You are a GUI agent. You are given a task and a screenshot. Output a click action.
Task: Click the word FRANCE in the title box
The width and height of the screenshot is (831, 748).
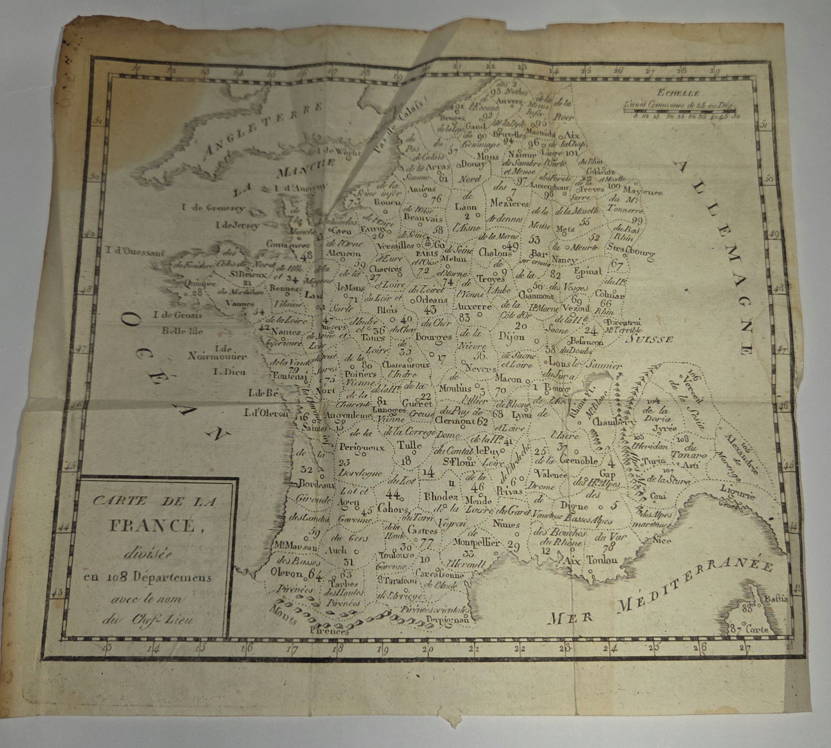pyautogui.click(x=152, y=526)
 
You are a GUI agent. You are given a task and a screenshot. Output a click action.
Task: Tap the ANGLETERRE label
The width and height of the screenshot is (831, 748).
pyautogui.click(x=261, y=133)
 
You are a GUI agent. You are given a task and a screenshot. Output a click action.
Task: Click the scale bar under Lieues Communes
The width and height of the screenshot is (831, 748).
pyautogui.click(x=679, y=111)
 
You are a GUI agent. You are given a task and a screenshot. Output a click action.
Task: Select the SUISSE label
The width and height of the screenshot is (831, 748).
pyautogui.click(x=649, y=340)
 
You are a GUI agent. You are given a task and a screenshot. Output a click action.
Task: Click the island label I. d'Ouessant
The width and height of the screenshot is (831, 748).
pyautogui.click(x=135, y=250)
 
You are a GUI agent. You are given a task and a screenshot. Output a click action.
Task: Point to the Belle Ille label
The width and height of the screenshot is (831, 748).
pyautogui.click(x=183, y=331)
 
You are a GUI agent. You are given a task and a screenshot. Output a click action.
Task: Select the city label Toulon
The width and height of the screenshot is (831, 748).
pyautogui.click(x=602, y=560)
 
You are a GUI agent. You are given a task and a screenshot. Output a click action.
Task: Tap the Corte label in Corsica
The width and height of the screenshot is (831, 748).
pyautogui.click(x=757, y=630)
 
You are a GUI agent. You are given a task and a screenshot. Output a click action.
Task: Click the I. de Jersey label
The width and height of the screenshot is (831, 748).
pyautogui.click(x=237, y=225)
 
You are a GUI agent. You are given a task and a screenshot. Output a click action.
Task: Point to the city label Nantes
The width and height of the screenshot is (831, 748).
pyautogui.click(x=286, y=332)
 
